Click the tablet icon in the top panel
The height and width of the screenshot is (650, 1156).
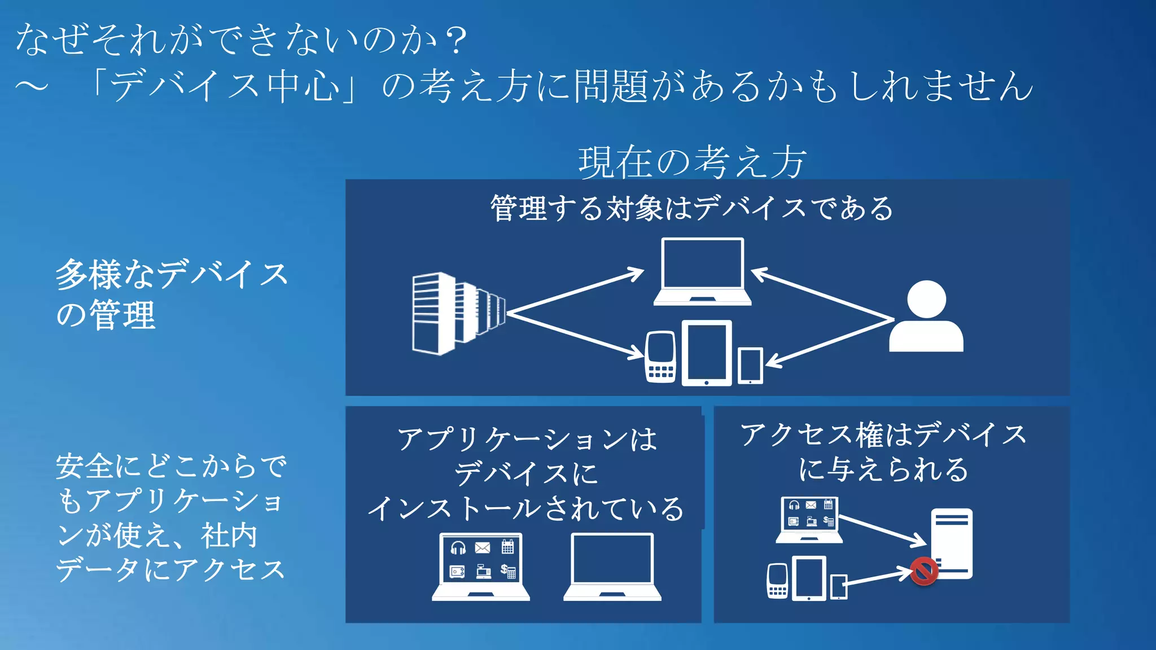(x=707, y=353)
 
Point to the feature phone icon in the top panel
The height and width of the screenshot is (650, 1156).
(x=660, y=357)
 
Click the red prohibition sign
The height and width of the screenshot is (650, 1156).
(x=923, y=570)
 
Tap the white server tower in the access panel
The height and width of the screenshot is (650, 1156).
(x=952, y=543)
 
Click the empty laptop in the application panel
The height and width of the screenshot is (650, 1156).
(x=612, y=566)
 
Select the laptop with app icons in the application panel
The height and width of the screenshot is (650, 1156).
(x=481, y=566)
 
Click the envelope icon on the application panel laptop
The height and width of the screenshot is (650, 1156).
(x=483, y=547)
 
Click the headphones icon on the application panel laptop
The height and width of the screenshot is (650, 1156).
(x=458, y=547)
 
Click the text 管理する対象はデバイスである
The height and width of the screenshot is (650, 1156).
(x=692, y=208)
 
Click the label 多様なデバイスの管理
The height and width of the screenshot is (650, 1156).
(x=169, y=293)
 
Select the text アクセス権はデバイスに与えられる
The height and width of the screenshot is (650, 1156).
(x=883, y=451)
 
